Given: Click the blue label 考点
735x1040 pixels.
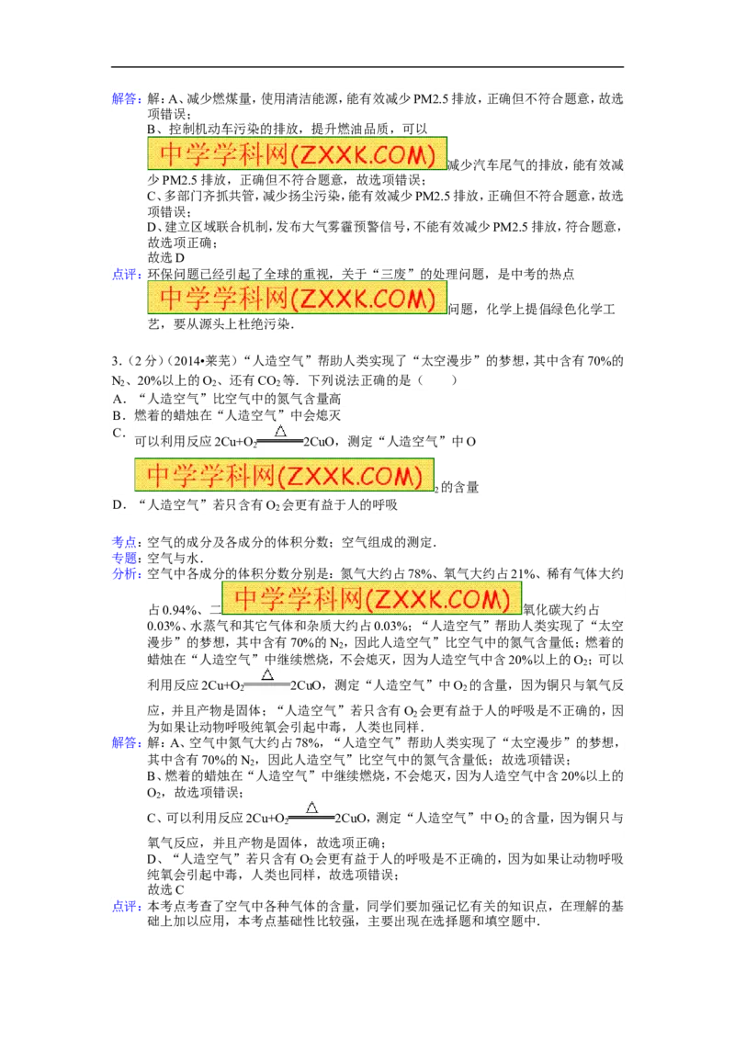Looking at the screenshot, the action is coord(124,542).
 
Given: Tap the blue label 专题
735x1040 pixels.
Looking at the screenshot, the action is coord(124,558).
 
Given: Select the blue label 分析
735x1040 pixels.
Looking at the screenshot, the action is coord(124,573).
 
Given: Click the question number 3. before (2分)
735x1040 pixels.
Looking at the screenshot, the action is coord(117,361).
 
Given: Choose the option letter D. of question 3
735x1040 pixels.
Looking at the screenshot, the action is coord(119,504).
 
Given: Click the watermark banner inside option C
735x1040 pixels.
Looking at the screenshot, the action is coord(284,475).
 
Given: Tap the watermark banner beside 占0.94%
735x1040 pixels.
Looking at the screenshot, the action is coord(371,597).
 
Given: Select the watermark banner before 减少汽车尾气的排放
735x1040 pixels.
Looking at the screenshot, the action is coord(297,153).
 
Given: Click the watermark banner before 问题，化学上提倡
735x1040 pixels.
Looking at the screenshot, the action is coord(297,297).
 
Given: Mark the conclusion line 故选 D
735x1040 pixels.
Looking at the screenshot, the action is coord(166,257).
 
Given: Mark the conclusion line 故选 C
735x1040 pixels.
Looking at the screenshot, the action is coord(166,889).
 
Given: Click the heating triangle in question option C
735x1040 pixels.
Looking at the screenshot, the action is coord(280,431).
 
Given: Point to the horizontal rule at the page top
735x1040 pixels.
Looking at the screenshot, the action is coord(367,66).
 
